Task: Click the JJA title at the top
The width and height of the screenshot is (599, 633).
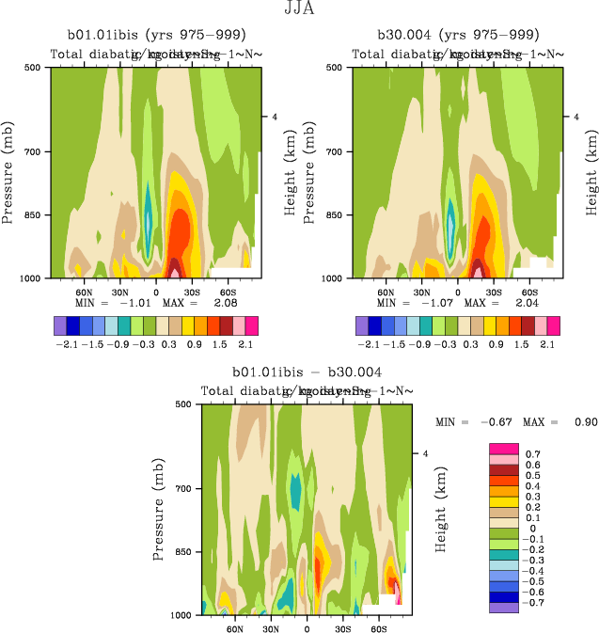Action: pos(299,9)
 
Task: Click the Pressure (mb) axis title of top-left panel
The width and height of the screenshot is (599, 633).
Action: pos(9,172)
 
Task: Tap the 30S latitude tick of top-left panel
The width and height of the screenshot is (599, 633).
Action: pos(192,292)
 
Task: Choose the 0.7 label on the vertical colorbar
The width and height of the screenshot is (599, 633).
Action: pos(531,454)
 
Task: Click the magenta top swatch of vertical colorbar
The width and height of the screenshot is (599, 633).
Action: pos(503,449)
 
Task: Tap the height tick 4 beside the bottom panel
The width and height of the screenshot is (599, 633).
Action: pos(424,453)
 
